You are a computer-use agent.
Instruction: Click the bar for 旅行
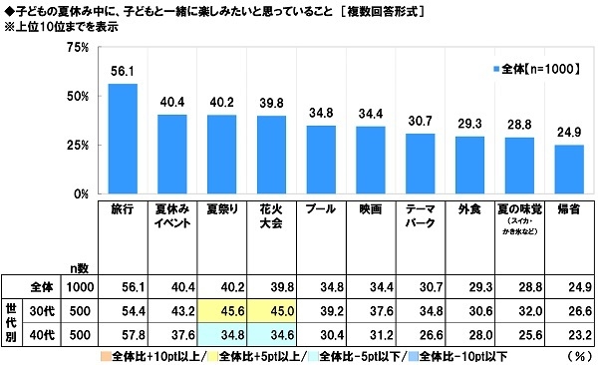pos(123,139)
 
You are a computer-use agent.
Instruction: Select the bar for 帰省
pos(568,169)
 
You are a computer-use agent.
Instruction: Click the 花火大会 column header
pos(272,218)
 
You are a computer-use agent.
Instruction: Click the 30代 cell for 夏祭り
pos(222,309)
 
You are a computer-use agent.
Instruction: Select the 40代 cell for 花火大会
pos(272,332)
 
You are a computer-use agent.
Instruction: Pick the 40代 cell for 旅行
pos(123,332)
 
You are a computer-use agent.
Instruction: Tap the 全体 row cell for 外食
pos(469,286)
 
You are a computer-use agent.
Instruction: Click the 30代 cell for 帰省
pos(568,309)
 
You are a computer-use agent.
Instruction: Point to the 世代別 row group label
pos(13,320)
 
